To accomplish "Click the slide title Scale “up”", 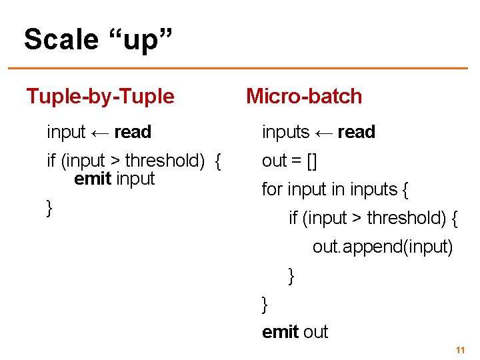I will coord(99,40).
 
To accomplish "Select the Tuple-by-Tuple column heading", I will coord(100,97).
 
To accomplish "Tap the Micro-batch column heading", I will coord(304,97).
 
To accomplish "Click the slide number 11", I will coord(459,350).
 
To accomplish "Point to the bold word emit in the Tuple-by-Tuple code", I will coord(93,179).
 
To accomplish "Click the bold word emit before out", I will coord(281,332).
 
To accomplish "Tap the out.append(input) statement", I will coord(383,247).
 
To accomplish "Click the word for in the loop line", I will coord(272,189).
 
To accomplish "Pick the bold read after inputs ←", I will coord(357,132).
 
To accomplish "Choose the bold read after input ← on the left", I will coord(133,132).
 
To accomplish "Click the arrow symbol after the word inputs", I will coord(324,133).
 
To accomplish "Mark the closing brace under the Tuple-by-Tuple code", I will coord(49,208).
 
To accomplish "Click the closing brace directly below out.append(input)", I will coord(291,275).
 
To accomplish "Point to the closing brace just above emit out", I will coord(265,304).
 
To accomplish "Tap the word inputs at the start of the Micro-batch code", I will coord(285,133).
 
